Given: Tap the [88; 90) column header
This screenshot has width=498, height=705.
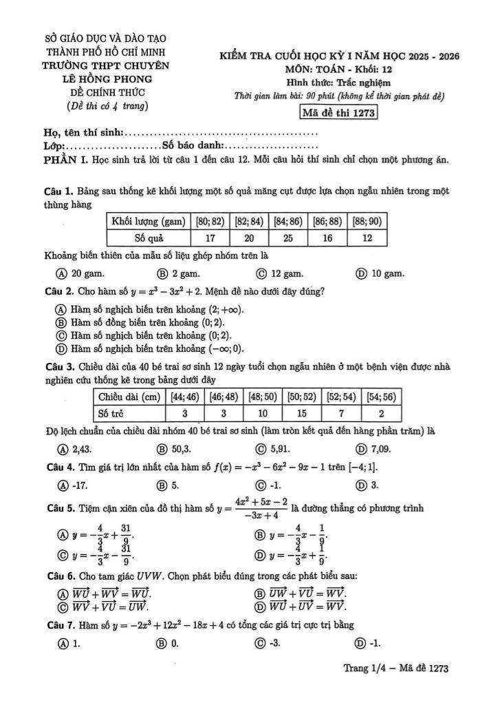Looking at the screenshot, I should click(x=367, y=221).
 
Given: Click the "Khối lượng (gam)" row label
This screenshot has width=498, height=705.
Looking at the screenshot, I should click(x=148, y=221).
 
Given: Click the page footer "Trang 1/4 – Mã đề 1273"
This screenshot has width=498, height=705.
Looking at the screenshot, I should click(x=397, y=668).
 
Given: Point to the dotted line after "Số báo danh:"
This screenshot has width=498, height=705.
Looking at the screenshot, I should click(x=272, y=147).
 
